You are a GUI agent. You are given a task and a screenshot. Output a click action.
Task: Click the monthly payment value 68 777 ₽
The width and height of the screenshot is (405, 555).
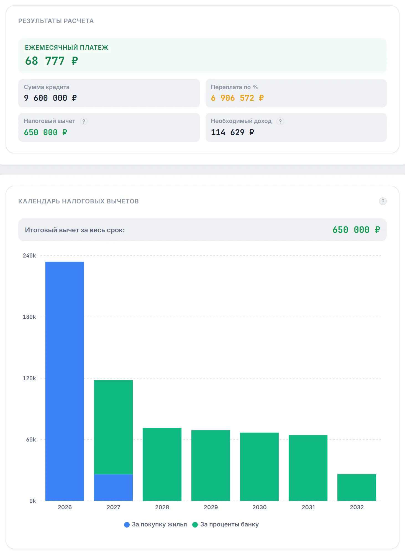[x=52, y=61]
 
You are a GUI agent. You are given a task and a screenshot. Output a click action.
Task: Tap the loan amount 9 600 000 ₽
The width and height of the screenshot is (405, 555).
[x=50, y=98]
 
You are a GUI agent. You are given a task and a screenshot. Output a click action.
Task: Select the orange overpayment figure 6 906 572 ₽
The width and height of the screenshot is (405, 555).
[x=237, y=98]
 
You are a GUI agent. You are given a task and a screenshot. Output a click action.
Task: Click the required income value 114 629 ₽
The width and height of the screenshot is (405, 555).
[x=232, y=132]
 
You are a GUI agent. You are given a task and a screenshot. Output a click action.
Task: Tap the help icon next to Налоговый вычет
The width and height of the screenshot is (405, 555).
[x=84, y=121]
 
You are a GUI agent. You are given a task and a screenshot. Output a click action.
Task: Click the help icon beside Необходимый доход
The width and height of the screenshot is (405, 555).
[x=280, y=121]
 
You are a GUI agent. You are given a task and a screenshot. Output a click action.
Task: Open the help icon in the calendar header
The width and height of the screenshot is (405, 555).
[x=383, y=201]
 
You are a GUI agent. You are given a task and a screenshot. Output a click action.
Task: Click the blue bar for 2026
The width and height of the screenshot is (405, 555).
[x=65, y=381]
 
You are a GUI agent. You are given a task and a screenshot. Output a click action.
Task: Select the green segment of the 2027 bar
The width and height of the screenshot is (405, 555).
[x=113, y=427]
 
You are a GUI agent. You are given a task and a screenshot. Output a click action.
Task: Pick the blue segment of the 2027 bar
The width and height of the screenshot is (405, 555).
[x=113, y=488]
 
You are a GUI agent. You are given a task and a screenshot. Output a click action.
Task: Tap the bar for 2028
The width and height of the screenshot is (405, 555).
[x=162, y=464]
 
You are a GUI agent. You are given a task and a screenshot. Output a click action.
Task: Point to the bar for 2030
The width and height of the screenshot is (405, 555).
[x=259, y=467]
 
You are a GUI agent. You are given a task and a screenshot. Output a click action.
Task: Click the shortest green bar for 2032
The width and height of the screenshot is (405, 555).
[x=357, y=488]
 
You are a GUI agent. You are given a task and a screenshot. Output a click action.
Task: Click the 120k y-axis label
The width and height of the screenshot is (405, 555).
[x=29, y=378]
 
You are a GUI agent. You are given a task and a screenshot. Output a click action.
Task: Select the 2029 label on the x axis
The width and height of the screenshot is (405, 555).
[x=211, y=507]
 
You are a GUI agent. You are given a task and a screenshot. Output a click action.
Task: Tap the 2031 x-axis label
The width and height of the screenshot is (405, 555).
[x=308, y=507]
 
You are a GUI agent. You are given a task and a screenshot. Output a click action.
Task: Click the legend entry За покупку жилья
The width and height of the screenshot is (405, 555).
[x=155, y=524]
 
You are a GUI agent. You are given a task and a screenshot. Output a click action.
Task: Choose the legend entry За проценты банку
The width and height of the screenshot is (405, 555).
[x=225, y=524]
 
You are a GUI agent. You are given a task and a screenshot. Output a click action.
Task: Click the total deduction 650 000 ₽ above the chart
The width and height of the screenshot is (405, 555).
[x=356, y=230]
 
